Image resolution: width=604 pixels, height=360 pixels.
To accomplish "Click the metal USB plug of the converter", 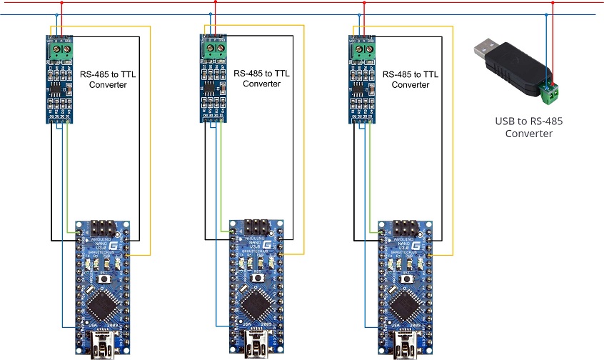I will tap(484, 51).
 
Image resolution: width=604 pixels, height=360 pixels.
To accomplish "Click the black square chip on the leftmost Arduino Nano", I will tap(101, 307).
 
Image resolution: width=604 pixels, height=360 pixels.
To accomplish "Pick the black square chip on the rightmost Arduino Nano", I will tap(403, 306).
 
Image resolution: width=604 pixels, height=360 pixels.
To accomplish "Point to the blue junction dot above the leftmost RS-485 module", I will tap(56, 14).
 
